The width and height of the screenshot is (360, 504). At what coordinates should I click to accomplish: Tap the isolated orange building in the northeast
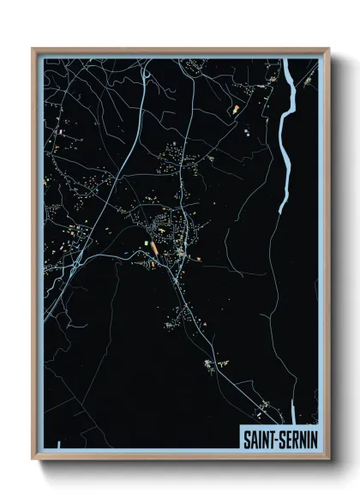coord(236,110)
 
